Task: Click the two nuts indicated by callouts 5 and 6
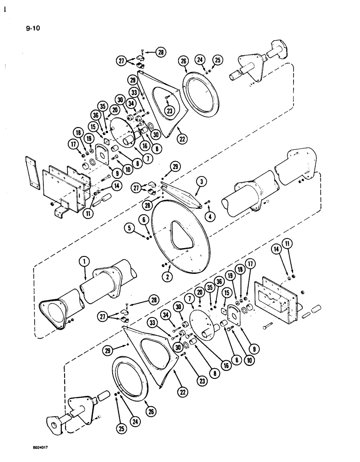(148, 237)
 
